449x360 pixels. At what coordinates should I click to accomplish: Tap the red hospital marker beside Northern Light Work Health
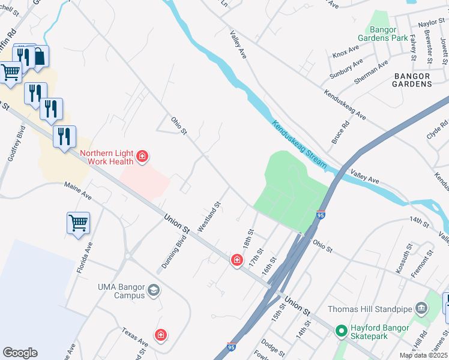[142, 157]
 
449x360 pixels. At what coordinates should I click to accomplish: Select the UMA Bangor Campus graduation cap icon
[154, 291]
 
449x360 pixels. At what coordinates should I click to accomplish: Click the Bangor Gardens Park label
[388, 33]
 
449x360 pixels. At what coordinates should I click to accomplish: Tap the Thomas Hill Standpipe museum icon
[421, 310]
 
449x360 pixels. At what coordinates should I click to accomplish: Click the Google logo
[20, 353]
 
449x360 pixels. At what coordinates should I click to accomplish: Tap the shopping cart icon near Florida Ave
[78, 223]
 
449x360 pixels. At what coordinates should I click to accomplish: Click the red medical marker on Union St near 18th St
[237, 259]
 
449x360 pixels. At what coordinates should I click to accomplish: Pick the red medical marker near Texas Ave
[160, 335]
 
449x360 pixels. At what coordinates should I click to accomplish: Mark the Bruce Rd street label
[340, 133]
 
